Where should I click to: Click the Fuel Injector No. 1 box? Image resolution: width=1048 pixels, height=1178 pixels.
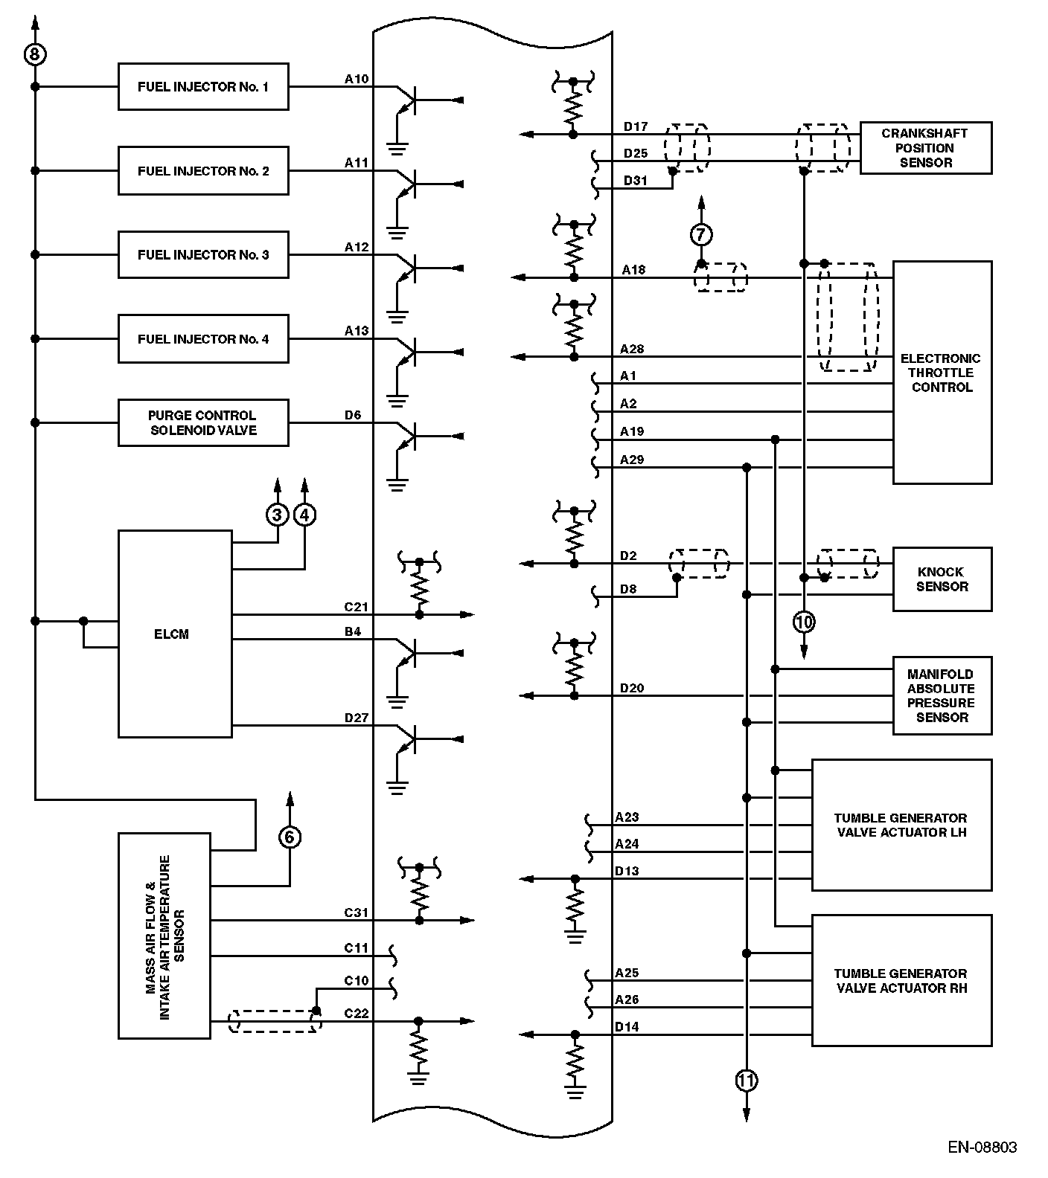[203, 87]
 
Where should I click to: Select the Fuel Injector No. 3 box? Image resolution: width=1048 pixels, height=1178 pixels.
[203, 255]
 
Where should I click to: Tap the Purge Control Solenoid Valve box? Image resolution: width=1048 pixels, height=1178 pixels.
[203, 423]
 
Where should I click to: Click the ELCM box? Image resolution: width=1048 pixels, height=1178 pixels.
[175, 634]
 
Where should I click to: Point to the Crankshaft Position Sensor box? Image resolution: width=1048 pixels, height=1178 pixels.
[925, 148]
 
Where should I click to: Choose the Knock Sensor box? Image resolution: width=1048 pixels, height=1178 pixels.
[942, 579]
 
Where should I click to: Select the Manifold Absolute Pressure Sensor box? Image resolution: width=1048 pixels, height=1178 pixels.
[942, 695]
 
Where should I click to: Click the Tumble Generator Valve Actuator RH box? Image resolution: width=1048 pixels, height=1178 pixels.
[901, 980]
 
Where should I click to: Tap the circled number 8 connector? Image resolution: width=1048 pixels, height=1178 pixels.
[35, 54]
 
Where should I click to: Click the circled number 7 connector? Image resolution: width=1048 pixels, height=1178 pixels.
[701, 235]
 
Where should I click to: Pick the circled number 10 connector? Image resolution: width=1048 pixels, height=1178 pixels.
[804, 621]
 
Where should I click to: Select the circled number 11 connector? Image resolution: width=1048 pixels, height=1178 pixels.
[747, 1081]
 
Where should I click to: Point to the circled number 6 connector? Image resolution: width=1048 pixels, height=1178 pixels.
[290, 837]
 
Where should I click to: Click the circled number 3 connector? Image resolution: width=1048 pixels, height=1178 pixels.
[278, 515]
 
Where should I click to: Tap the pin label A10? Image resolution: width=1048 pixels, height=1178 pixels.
[357, 79]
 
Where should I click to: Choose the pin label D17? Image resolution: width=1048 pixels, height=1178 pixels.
[636, 126]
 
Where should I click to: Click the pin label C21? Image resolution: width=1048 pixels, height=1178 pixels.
[357, 607]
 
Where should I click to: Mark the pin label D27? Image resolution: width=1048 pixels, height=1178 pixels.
[357, 718]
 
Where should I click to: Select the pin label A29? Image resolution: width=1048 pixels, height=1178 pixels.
[632, 460]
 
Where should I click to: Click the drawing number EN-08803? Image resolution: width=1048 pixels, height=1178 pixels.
[982, 1147]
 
